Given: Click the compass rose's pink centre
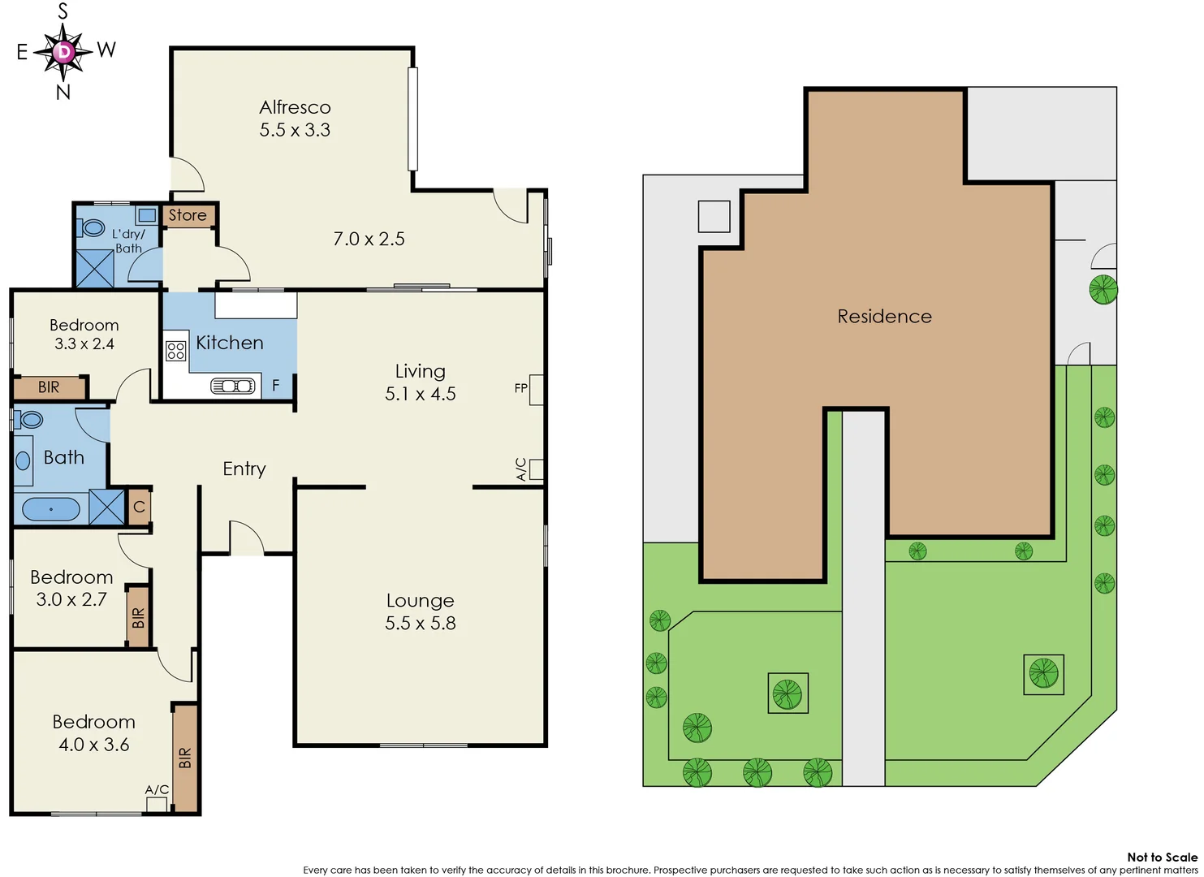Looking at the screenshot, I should click(63, 52).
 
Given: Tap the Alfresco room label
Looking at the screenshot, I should click(295, 107).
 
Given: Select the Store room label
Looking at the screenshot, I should click(188, 215).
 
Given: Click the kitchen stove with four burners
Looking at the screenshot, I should click(176, 351).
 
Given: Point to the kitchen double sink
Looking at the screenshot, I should click(233, 386).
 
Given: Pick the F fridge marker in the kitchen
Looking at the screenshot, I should click(276, 386).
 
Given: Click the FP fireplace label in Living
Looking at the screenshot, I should click(520, 388).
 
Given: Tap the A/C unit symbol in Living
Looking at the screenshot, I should click(536, 469).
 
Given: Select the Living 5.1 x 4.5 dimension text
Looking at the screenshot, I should click(420, 394).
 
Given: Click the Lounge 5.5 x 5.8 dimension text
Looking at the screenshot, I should click(420, 623).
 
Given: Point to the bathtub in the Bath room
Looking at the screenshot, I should click(50, 509).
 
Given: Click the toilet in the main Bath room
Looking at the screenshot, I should click(30, 419).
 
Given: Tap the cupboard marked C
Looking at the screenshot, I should click(139, 507).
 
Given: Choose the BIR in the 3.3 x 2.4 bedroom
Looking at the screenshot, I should click(49, 387).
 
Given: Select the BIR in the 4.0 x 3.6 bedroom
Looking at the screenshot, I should click(185, 758).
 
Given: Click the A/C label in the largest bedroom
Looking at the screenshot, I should click(157, 789).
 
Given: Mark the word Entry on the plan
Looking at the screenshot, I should click(244, 469).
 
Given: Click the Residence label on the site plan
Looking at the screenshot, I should click(884, 316).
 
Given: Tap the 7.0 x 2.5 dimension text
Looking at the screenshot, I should click(369, 239).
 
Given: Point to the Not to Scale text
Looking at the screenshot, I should click(1162, 857).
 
